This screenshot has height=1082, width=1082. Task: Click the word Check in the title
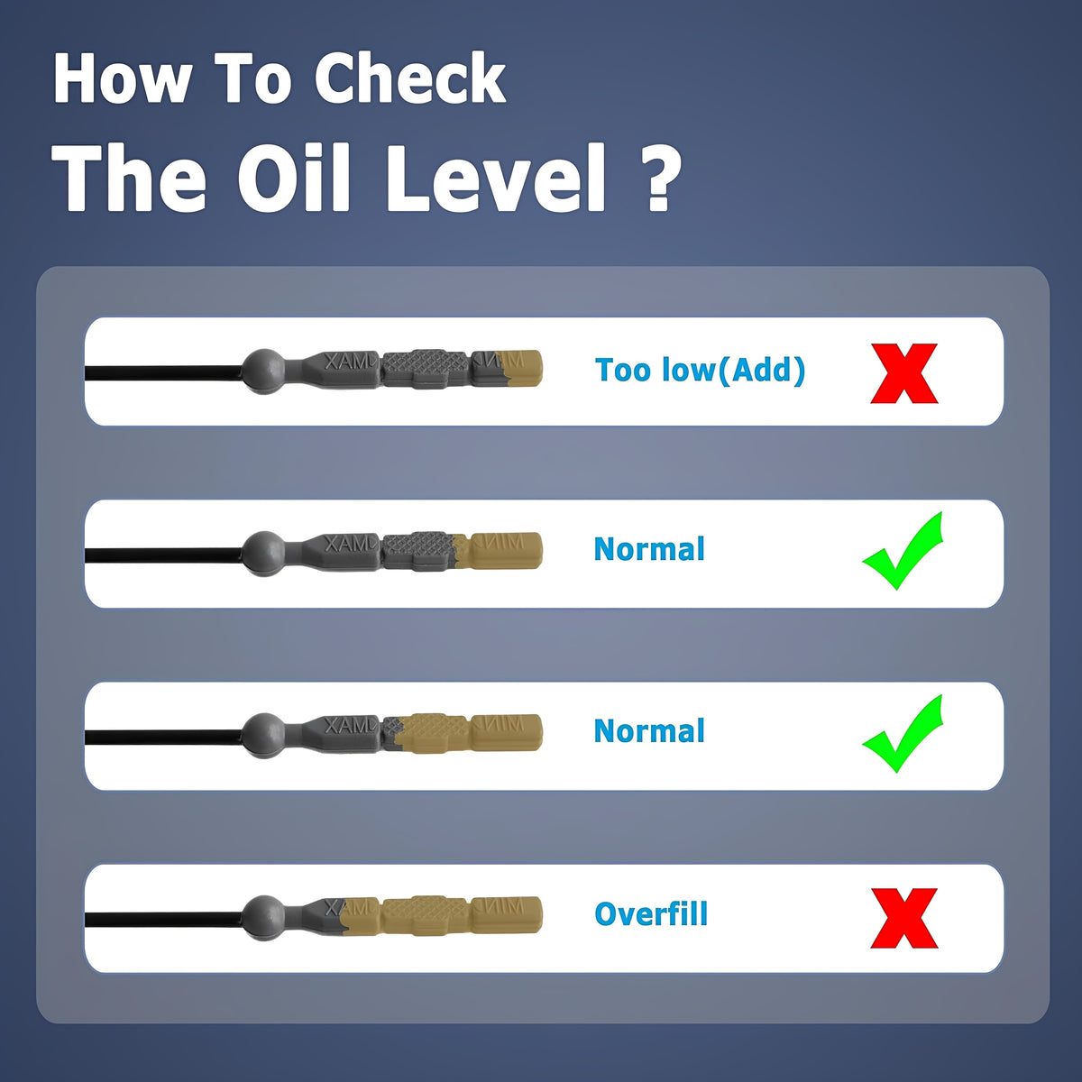pos(410,78)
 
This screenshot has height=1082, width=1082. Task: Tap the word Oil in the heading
pos(294,178)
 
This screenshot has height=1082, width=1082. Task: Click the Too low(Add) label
pos(701,370)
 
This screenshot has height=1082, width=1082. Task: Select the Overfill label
pos(651,913)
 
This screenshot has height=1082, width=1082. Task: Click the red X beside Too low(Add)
pos(904,373)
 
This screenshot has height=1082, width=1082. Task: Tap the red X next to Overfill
pos(904,918)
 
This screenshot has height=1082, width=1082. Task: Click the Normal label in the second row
pos(649,549)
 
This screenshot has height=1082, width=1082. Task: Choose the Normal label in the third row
pos(649,731)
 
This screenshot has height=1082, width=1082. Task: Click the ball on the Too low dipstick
pos(264,371)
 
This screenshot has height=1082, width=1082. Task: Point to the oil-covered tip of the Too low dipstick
pos(522,369)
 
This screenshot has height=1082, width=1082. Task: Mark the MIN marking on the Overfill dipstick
pos(499,906)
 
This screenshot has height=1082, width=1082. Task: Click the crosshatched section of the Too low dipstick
pos(426,369)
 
